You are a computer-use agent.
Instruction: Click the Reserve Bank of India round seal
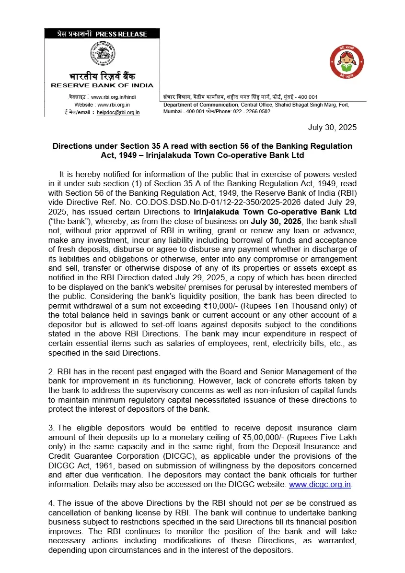point(102,54)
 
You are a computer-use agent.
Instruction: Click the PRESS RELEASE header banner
point(102,34)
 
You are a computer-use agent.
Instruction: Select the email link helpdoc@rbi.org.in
point(118,112)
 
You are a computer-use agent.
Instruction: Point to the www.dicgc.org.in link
point(320,485)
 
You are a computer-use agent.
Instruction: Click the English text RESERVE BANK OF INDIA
point(102,85)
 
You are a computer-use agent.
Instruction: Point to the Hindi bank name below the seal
point(102,76)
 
